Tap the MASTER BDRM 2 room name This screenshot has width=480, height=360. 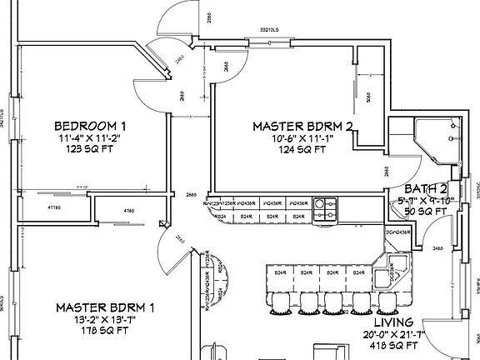point(303,126)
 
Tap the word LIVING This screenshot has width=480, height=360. point(394,322)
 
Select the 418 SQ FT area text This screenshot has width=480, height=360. point(394,345)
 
